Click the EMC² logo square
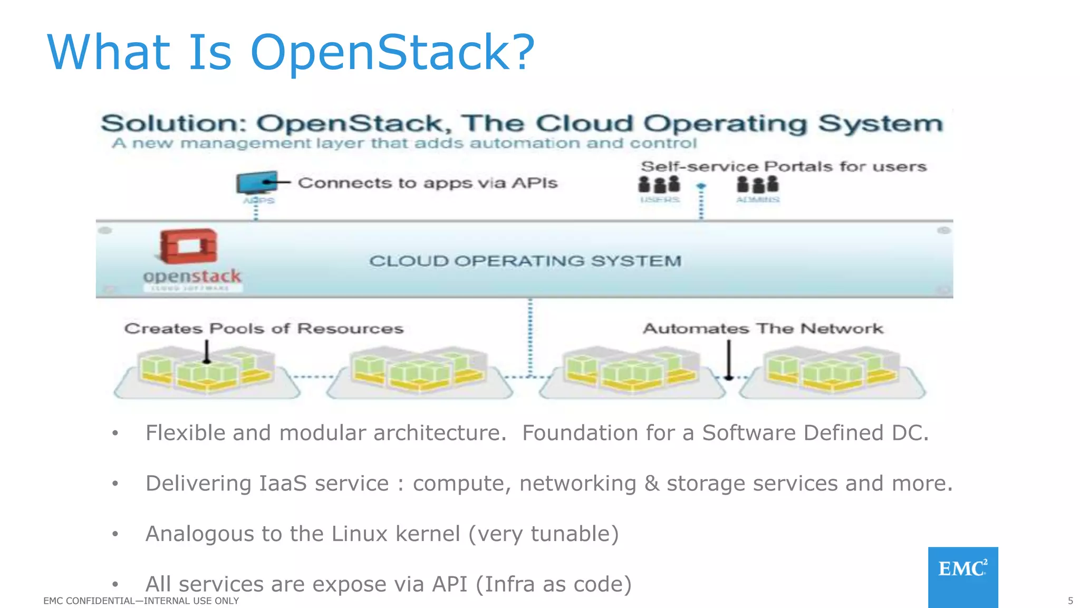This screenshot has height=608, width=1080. pos(963,576)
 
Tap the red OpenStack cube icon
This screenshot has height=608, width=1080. pos(188,245)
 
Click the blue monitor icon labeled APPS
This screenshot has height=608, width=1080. pos(257,183)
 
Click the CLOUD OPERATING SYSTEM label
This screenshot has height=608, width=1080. pos(525,261)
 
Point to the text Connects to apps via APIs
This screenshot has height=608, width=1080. pos(427,183)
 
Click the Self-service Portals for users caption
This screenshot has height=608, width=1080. pos(784,167)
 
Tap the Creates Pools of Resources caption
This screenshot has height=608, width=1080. pos(264,329)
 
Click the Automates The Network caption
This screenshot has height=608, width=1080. pos(763,329)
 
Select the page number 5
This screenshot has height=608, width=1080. pos(1070,601)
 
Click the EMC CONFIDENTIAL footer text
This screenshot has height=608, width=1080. pos(141,601)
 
